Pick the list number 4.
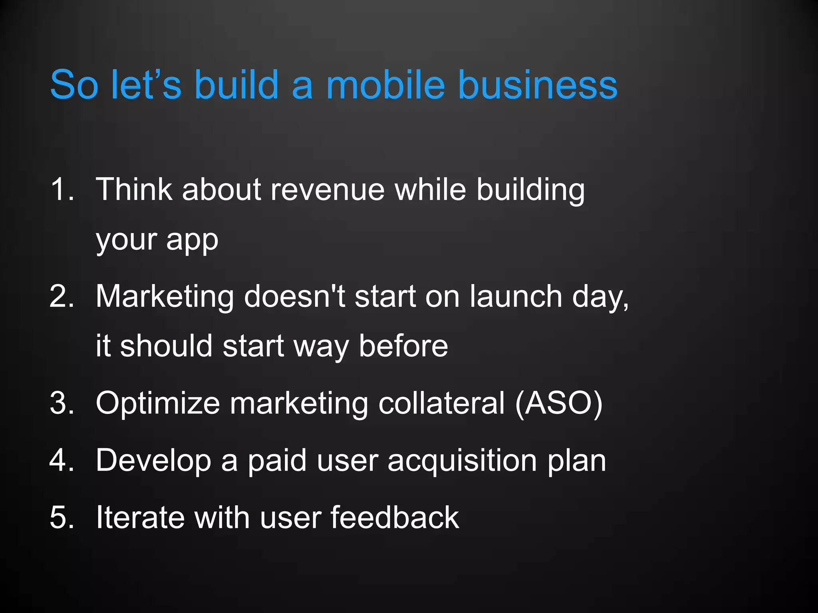click(62, 460)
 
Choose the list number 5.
click(62, 517)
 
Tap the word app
click(192, 241)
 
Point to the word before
click(403, 346)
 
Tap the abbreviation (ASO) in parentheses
click(558, 403)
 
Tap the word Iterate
click(140, 517)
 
